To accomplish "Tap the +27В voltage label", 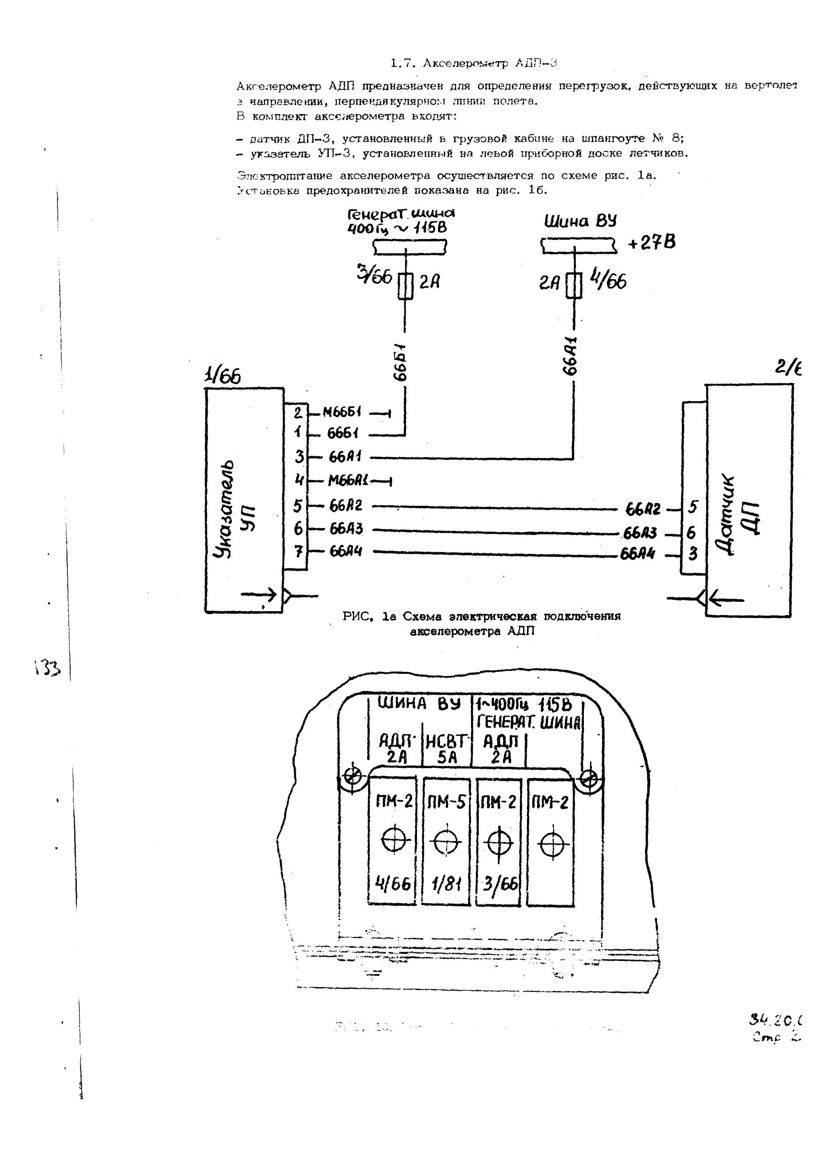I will tap(652, 243).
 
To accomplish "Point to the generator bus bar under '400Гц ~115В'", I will tap(410, 247).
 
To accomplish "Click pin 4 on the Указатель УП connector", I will tap(299, 480).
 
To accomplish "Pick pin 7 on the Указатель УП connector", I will tap(299, 551).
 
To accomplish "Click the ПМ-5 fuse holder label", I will tap(446, 803).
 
